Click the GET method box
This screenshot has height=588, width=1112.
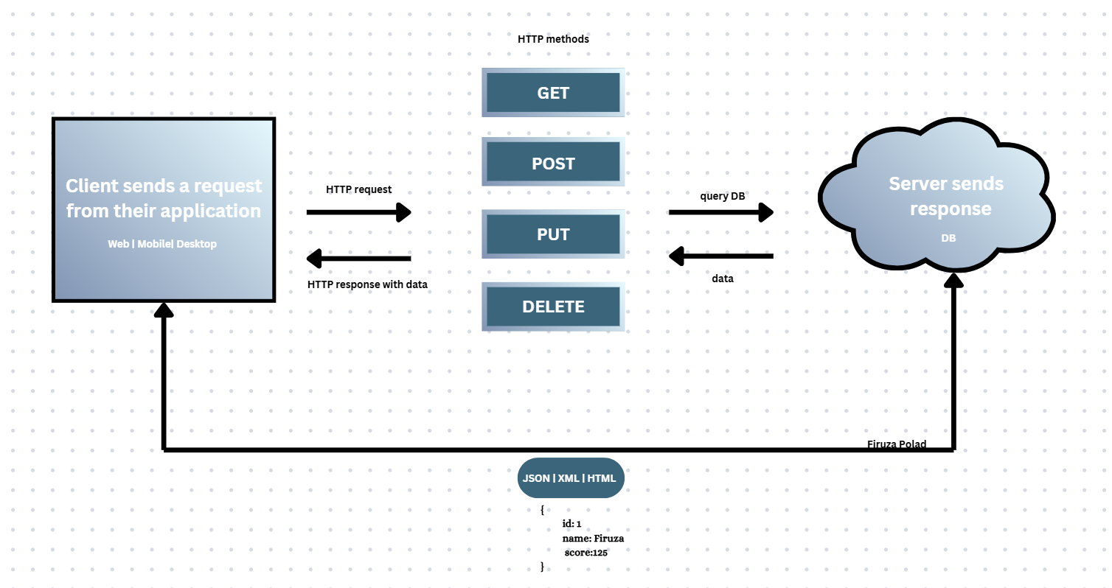(x=553, y=93)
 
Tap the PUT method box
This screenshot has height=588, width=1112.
(x=553, y=234)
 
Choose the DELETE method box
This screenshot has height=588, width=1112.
(x=553, y=307)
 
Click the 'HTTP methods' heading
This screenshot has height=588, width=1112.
(x=553, y=39)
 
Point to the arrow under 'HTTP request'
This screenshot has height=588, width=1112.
(x=358, y=212)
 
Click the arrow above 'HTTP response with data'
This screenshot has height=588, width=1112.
(x=358, y=258)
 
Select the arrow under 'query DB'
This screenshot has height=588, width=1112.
(x=721, y=212)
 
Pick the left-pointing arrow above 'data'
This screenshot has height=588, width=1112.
(x=721, y=256)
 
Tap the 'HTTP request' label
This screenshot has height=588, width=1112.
(x=358, y=189)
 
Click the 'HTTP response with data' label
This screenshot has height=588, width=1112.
(x=367, y=284)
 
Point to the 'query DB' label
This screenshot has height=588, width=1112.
(x=722, y=196)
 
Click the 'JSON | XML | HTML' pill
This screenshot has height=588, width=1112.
(x=571, y=478)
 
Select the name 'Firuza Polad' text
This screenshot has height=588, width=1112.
(x=897, y=444)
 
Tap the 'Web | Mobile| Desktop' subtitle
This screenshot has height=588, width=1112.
(x=163, y=244)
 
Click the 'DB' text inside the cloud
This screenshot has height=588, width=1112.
(x=948, y=238)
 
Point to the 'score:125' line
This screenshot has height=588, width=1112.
(x=585, y=553)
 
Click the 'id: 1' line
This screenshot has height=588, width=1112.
(x=571, y=524)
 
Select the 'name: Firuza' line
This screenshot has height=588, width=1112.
(x=593, y=539)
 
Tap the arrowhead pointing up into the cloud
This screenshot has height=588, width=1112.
(x=954, y=281)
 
